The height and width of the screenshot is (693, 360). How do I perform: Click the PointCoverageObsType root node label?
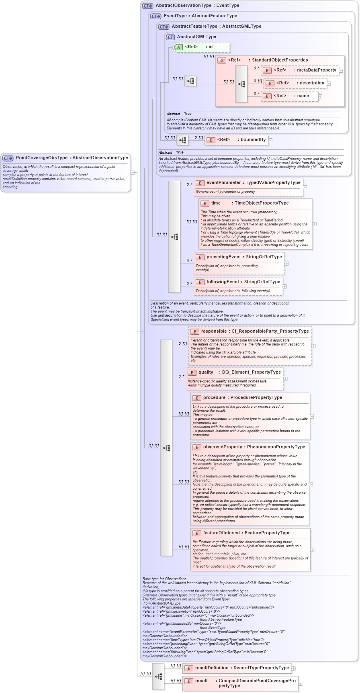[72, 158]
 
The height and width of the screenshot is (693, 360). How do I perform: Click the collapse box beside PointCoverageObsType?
[133, 173]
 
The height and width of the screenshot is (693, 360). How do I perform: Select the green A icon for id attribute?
[178, 47]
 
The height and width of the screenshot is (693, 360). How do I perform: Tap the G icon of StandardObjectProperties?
[222, 61]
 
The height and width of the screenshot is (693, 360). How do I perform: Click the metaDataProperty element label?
[317, 70]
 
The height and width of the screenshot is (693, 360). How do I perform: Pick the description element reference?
[310, 83]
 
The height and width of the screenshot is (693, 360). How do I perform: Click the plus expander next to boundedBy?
[270, 140]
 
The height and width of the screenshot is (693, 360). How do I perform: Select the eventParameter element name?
[224, 183]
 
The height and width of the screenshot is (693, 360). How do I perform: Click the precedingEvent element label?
[223, 257]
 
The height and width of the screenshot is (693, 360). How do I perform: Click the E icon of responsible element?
[194, 332]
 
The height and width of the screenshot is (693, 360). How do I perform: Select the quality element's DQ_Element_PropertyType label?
[252, 372]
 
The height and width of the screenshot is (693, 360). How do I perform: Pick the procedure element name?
[214, 398]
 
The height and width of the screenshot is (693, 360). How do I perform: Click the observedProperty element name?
[222, 447]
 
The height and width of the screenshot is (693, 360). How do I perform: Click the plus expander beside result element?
[300, 684]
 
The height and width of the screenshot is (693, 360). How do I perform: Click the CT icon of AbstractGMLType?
[170, 37]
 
